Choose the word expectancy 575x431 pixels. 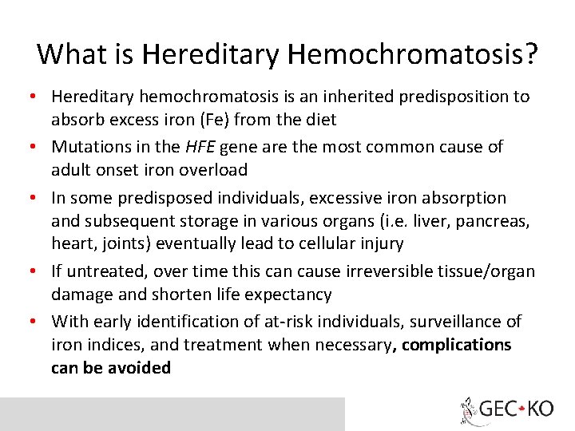pos(288,295)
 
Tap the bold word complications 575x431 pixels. pos(457,345)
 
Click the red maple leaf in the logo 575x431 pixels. pos(521,409)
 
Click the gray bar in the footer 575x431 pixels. pos(172,413)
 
